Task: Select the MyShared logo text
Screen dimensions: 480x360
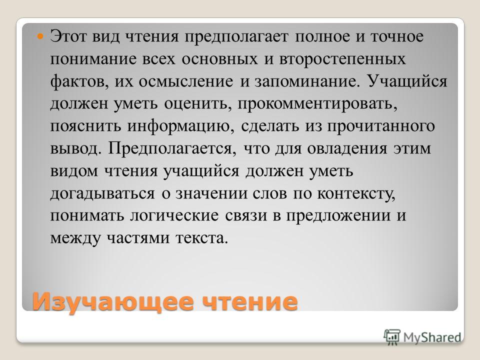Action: pyautogui.click(x=432, y=337)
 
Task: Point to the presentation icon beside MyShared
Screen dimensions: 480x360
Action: pyautogui.click(x=392, y=337)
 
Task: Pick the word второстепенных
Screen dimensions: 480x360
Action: pyautogui.click(x=342, y=59)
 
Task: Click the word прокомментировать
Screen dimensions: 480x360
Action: pyautogui.click(x=317, y=104)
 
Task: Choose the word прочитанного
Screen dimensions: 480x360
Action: pyautogui.click(x=381, y=126)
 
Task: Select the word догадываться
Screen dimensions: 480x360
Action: pyautogui.click(x=102, y=193)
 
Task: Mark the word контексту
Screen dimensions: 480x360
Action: pyautogui.click(x=356, y=193)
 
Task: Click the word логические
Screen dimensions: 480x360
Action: pyautogui.click(x=174, y=215)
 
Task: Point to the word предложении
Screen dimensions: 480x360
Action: pyautogui.click(x=338, y=215)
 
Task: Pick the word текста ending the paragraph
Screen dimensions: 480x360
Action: pyautogui.click(x=201, y=238)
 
